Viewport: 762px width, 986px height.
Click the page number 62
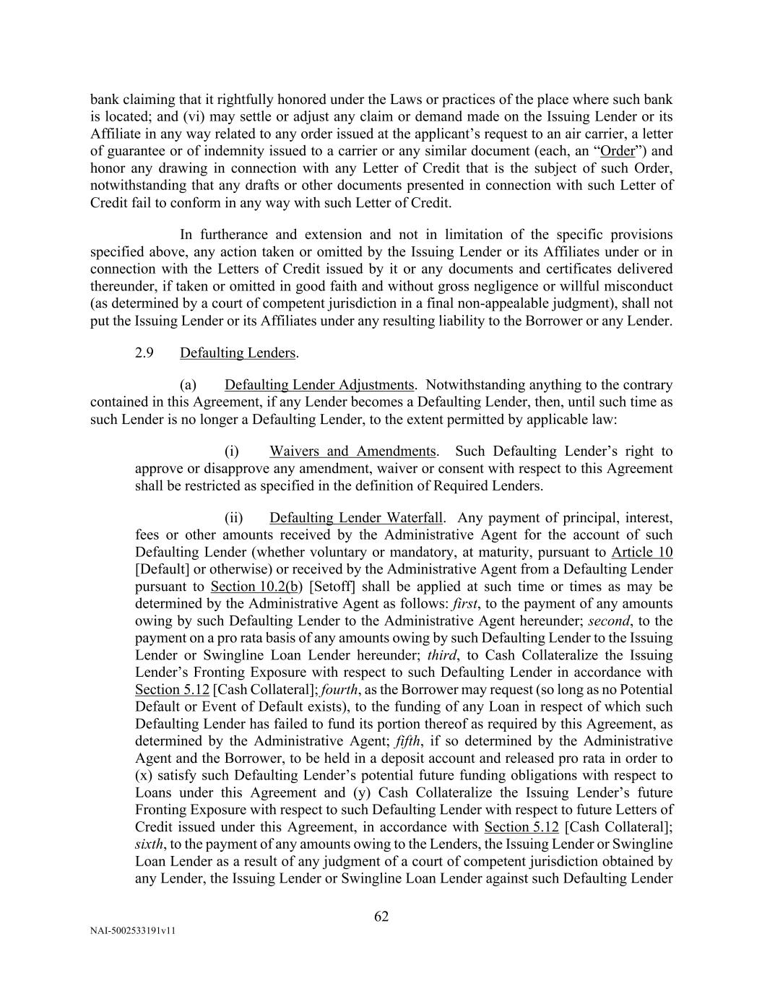(x=381, y=917)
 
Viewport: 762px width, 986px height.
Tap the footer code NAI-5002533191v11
(x=133, y=931)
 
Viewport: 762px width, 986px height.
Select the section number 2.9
(x=144, y=353)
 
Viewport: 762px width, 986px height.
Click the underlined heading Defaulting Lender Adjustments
(x=319, y=385)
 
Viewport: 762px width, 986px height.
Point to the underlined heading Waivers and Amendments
(x=352, y=451)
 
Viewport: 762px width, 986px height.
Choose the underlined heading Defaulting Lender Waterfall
(x=355, y=518)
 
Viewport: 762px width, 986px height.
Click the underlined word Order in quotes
(x=617, y=151)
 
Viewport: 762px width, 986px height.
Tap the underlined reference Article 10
(x=642, y=553)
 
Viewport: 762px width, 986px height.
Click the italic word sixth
(x=149, y=844)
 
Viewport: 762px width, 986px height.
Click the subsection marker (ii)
(x=235, y=518)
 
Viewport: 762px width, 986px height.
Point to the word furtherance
(x=234, y=235)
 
